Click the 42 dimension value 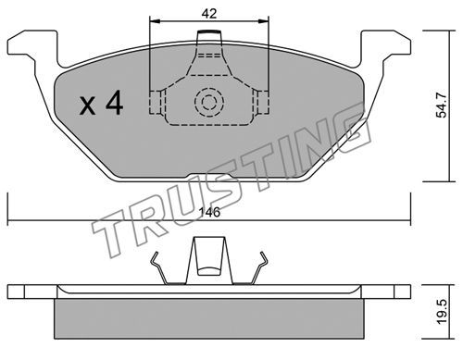(209, 14)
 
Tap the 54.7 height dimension (442, 106)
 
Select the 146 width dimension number (209, 212)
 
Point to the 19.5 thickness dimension (442, 312)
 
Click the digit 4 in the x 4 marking (114, 104)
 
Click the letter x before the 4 (88, 106)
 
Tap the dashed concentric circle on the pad (209, 102)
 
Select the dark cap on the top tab (209, 31)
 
